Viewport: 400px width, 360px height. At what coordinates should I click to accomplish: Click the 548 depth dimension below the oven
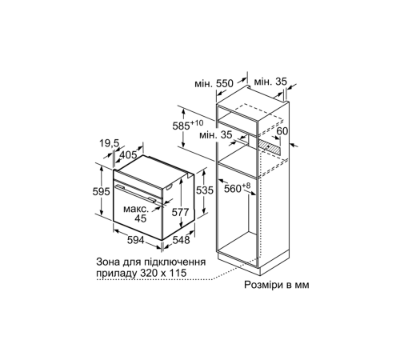tap(182, 239)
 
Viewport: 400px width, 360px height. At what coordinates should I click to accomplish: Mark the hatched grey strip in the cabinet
tap(277, 147)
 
